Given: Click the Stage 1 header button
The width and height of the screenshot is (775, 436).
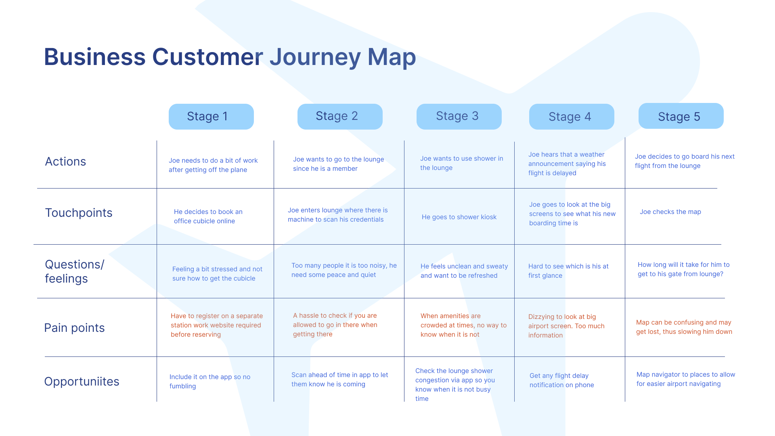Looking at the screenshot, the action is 211,117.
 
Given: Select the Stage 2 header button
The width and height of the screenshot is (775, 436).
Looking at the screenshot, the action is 340,117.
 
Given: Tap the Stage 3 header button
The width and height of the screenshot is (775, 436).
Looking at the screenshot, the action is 459,117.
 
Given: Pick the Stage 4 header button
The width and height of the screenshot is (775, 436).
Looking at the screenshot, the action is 572,117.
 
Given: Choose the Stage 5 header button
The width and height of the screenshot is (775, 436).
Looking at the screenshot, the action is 681,116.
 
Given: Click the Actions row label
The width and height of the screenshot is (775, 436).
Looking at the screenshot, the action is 65,161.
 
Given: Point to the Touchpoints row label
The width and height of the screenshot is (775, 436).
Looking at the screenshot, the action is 79,213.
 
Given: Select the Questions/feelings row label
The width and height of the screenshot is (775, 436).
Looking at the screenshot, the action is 75,271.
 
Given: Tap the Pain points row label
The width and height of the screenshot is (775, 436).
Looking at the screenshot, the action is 74,328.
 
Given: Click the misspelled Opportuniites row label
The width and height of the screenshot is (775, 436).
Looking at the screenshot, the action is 82,381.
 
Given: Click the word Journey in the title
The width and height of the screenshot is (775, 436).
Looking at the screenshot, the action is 315,57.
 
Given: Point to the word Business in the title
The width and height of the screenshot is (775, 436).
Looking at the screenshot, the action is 94,57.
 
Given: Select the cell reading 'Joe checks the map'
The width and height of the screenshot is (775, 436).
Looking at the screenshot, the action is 670,212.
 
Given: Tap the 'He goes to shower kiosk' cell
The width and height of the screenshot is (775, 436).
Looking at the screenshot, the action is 459,217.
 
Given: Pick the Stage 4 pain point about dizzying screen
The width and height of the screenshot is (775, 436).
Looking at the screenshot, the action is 566,326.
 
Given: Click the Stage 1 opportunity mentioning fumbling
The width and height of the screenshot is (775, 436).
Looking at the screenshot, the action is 210,381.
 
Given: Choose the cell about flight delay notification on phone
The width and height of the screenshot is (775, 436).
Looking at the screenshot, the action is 561,380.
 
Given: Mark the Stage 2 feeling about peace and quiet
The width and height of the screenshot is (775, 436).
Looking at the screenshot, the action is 344,270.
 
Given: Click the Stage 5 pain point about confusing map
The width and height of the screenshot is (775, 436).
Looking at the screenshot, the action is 684,327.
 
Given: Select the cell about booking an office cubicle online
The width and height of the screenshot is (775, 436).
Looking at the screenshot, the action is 208,216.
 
